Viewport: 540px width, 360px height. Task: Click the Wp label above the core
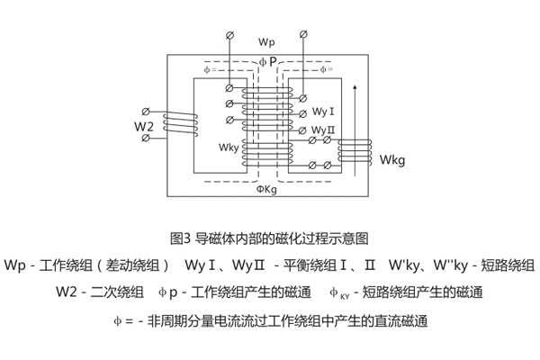[x=266, y=42]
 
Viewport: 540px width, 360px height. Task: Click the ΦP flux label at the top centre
[x=267, y=61]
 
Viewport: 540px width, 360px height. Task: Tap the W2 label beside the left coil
[x=143, y=126]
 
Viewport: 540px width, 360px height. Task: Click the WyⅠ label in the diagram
[x=324, y=112]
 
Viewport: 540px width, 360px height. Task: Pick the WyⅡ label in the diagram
[x=324, y=130]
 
